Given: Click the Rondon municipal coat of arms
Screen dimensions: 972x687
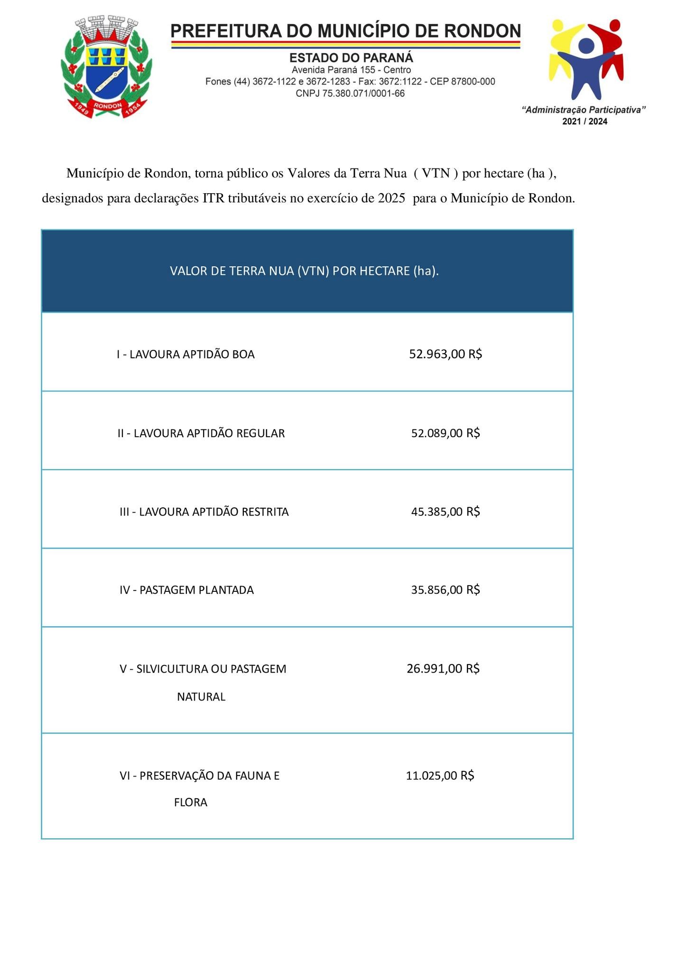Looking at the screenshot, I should pyautogui.click(x=106, y=67).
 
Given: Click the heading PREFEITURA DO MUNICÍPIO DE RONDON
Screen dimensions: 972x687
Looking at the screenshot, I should pyautogui.click(x=345, y=31).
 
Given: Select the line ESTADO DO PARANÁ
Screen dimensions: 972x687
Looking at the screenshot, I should pyautogui.click(x=351, y=58).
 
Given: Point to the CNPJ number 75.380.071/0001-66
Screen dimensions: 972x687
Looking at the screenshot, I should pyautogui.click(x=350, y=93).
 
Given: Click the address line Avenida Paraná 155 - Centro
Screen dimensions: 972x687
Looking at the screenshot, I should pyautogui.click(x=351, y=70).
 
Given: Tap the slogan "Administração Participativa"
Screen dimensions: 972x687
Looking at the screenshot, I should pyautogui.click(x=584, y=110).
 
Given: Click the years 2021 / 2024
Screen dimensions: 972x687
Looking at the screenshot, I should pyautogui.click(x=585, y=121).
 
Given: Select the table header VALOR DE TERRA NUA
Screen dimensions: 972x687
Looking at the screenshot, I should pyautogui.click(x=304, y=271).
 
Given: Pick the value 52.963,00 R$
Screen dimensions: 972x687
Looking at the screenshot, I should pyautogui.click(x=446, y=354).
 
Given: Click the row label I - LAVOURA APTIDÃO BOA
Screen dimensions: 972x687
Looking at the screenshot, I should pyautogui.click(x=186, y=355).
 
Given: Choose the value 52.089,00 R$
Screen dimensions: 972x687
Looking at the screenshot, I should pyautogui.click(x=446, y=433).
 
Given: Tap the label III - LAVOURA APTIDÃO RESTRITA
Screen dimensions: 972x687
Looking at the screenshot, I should pyautogui.click(x=204, y=512).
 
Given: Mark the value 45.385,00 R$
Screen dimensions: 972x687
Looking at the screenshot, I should pyautogui.click(x=446, y=512).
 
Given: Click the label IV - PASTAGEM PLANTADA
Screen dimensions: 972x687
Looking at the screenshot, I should pyautogui.click(x=186, y=590).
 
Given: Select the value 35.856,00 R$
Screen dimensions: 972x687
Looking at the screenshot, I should pyautogui.click(x=446, y=590).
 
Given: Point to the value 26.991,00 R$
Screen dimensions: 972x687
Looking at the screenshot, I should pyautogui.click(x=443, y=669).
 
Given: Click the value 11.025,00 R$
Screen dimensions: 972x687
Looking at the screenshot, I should pyautogui.click(x=440, y=776).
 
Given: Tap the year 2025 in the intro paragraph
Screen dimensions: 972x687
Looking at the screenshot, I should pyautogui.click(x=391, y=198).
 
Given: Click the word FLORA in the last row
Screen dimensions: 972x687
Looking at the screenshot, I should pyautogui.click(x=191, y=803).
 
